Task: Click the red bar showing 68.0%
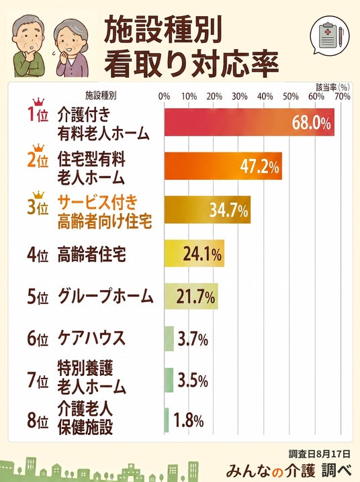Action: tap(249, 122)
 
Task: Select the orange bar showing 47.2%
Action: tap(223, 166)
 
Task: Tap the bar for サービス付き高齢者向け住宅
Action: tap(208, 209)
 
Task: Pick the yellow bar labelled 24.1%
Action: tap(194, 253)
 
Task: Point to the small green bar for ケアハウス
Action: tap(169, 338)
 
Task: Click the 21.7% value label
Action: tap(195, 297)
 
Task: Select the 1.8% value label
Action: tap(189, 420)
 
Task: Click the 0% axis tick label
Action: tap(164, 97)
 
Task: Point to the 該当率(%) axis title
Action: tap(333, 87)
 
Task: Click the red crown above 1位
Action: tap(38, 102)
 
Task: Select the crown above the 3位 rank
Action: tap(38, 195)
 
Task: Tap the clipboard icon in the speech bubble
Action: tap(328, 36)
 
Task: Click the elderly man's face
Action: tap(26, 38)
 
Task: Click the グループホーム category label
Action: tap(105, 297)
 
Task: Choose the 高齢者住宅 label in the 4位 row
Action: tap(91, 254)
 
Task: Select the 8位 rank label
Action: tap(38, 420)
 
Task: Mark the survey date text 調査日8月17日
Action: tap(319, 453)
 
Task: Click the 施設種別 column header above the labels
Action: tap(101, 95)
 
